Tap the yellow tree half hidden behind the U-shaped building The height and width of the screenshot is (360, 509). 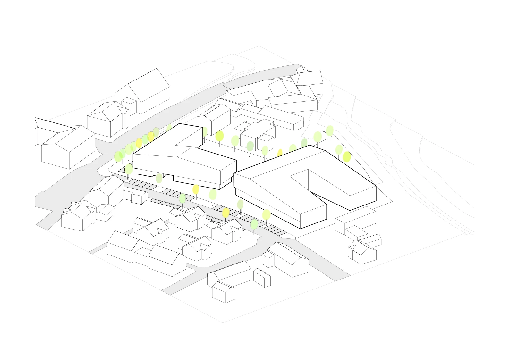coord(280,153)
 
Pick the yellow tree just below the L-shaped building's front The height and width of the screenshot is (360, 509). coord(195,189)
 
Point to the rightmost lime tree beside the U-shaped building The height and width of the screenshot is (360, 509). coord(346,157)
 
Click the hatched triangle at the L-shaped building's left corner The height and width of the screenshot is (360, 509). coord(122,171)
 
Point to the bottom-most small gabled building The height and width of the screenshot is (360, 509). coord(224,292)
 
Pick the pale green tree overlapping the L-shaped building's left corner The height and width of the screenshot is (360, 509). coord(129,169)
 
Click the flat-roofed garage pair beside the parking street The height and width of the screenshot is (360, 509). coord(135,196)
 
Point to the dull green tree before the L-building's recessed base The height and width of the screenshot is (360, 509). coord(159,179)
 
